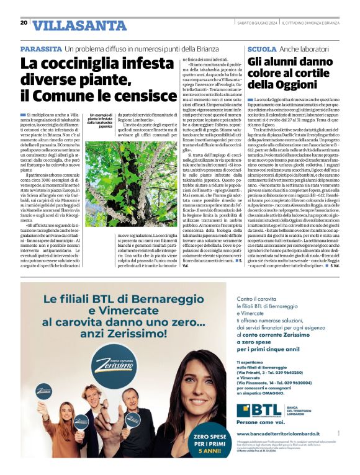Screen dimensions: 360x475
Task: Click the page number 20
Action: pos(24,22)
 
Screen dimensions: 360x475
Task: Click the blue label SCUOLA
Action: pos(261,48)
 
